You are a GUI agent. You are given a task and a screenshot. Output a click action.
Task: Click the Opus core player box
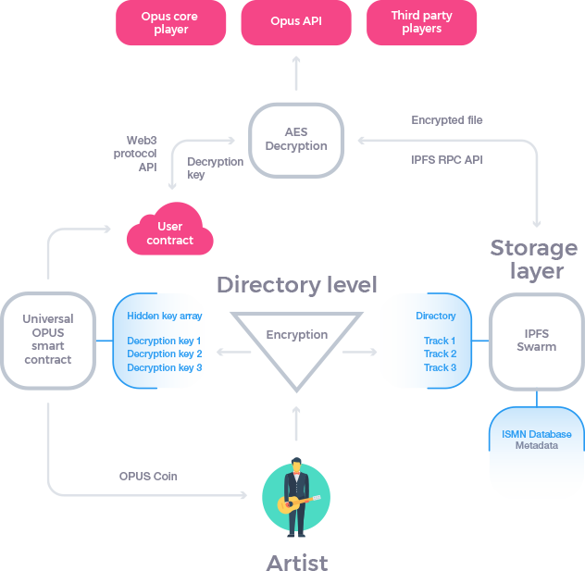pos(170,22)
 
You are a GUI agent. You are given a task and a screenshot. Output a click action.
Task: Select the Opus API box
pos(296,22)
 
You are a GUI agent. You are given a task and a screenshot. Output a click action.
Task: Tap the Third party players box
pos(422,22)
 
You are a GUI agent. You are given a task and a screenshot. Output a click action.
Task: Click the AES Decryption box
pos(296,140)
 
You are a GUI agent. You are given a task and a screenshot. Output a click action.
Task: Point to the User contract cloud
pos(170,233)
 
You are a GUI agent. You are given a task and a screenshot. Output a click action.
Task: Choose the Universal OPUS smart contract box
pos(48,340)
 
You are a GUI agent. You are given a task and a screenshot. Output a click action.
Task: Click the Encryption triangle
pos(296,342)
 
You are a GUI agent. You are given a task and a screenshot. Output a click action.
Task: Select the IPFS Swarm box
pos(537,341)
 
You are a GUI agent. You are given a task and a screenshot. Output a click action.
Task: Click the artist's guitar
pos(301,503)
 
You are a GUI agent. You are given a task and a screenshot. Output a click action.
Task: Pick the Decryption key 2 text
pos(165,354)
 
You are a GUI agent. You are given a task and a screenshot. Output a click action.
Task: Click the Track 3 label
pos(440,367)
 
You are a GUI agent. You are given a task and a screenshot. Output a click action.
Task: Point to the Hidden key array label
pos(165,316)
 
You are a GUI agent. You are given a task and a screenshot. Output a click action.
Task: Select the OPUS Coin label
pos(147,477)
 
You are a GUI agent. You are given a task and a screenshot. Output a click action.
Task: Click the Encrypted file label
pos(447,120)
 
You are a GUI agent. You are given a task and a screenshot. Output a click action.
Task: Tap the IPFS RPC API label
pos(447,159)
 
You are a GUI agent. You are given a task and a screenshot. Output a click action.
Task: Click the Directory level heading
pos(297,284)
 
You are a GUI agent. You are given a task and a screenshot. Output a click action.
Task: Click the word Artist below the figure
pos(297,561)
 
